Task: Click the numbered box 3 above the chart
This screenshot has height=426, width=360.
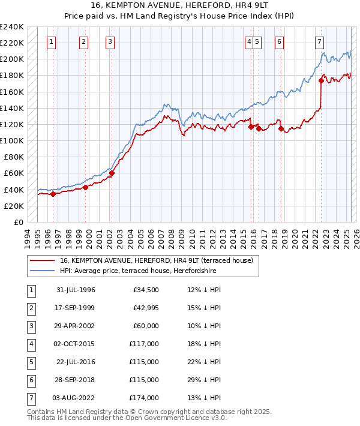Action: (x=111, y=41)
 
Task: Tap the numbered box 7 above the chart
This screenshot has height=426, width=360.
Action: (x=319, y=41)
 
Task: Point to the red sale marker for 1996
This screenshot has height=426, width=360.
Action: (x=53, y=194)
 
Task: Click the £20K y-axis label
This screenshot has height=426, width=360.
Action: (x=14, y=206)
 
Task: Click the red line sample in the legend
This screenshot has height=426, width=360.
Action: (x=41, y=260)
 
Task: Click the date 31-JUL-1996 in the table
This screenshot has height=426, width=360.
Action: (x=76, y=290)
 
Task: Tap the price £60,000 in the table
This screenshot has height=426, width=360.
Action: (x=145, y=325)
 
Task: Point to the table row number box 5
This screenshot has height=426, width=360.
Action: (x=31, y=362)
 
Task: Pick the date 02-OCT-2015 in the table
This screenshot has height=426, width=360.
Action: (x=76, y=344)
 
